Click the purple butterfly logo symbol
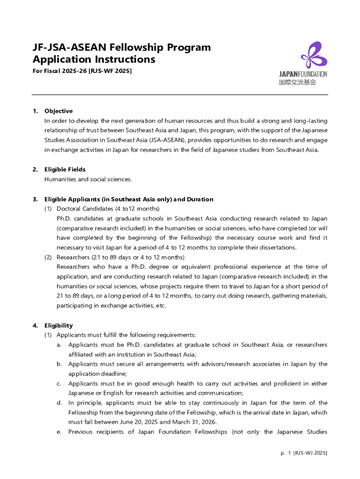pyautogui.click(x=314, y=55)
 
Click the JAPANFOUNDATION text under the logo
pyautogui.click(x=303, y=74)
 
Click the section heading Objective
pyautogui.click(x=58, y=111)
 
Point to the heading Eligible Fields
pyautogui.click(x=65, y=169)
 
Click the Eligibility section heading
pyautogui.click(x=58, y=325)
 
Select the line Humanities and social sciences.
pyautogui.click(x=88, y=179)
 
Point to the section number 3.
pyautogui.click(x=35, y=199)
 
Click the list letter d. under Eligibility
pyautogui.click(x=59, y=403)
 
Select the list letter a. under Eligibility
pyautogui.click(x=59, y=345)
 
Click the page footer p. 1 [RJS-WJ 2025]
pyautogui.click(x=303, y=453)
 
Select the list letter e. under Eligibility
pyautogui.click(x=59, y=432)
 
